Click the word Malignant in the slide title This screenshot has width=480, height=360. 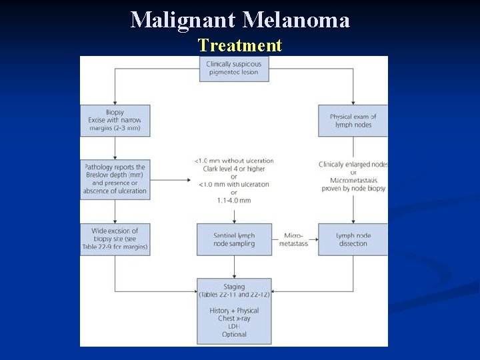pyautogui.click(x=183, y=20)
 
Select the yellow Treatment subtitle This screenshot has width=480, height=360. pyautogui.click(x=240, y=45)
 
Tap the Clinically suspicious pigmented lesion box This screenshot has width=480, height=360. pyautogui.click(x=234, y=69)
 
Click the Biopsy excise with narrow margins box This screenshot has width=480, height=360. pyautogui.click(x=115, y=121)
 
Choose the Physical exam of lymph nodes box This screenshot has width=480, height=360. pyautogui.click(x=353, y=121)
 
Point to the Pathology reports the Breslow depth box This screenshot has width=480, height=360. pyautogui.click(x=115, y=179)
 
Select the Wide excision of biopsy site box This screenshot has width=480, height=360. pyautogui.click(x=115, y=239)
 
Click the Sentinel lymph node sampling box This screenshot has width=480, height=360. pyautogui.click(x=234, y=239)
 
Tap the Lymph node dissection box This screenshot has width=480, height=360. pyautogui.click(x=353, y=239)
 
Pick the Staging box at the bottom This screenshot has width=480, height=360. pyautogui.click(x=234, y=311)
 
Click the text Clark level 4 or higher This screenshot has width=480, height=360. pyautogui.click(x=234, y=169)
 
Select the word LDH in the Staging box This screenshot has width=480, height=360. pyautogui.click(x=234, y=327)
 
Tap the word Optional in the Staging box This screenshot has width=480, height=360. pyautogui.click(x=234, y=335)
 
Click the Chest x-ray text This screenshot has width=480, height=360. pyautogui.click(x=234, y=319)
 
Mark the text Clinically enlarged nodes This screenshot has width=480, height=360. pyautogui.click(x=353, y=165)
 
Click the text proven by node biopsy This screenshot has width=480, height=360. pyautogui.click(x=353, y=189)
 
